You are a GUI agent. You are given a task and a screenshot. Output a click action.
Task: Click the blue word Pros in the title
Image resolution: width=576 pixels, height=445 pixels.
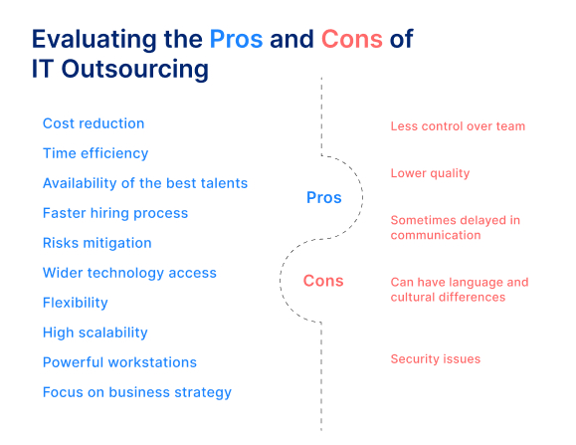tap(236, 39)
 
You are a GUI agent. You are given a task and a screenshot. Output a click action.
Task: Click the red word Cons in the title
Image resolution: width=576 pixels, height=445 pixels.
tap(352, 39)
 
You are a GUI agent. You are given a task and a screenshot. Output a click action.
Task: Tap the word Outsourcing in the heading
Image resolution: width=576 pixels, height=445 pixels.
tap(135, 70)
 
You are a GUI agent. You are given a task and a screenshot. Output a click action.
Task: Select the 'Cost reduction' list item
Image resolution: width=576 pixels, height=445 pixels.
tap(94, 123)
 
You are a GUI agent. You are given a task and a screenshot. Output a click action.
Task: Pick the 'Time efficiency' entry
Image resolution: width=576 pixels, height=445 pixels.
tap(96, 153)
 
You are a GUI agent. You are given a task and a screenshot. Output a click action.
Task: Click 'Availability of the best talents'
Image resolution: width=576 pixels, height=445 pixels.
tap(145, 183)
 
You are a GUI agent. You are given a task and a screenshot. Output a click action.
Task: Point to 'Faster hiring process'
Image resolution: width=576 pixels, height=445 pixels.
tap(115, 213)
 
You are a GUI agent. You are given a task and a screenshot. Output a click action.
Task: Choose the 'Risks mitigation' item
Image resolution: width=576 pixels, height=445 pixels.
tap(96, 243)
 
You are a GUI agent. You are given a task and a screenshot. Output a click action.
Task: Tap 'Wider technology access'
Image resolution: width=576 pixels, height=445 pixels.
tap(129, 273)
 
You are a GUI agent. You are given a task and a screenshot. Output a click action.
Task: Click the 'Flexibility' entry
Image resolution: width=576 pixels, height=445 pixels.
tap(76, 303)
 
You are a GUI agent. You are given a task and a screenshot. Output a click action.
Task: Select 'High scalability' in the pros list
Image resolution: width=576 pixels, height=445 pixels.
tap(96, 333)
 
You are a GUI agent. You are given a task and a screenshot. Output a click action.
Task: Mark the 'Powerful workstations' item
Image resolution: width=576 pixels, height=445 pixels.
tap(119, 362)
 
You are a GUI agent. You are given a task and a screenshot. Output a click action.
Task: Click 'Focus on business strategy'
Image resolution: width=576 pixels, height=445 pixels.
tap(137, 393)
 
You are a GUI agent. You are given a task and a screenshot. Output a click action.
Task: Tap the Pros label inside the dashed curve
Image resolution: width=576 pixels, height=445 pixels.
tap(324, 198)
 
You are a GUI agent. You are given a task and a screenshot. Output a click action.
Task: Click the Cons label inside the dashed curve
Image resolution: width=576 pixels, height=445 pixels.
tap(323, 281)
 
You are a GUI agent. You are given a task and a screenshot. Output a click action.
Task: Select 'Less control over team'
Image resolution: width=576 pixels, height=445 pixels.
tap(458, 126)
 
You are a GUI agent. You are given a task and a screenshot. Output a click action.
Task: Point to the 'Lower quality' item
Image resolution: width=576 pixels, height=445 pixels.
tap(430, 173)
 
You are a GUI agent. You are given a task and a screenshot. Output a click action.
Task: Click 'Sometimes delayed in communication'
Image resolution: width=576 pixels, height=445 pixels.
tap(456, 228)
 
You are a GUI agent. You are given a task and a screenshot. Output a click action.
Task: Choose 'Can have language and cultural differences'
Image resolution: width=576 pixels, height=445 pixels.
tap(460, 290)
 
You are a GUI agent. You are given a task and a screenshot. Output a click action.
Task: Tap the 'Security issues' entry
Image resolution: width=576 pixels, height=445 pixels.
tap(436, 359)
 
